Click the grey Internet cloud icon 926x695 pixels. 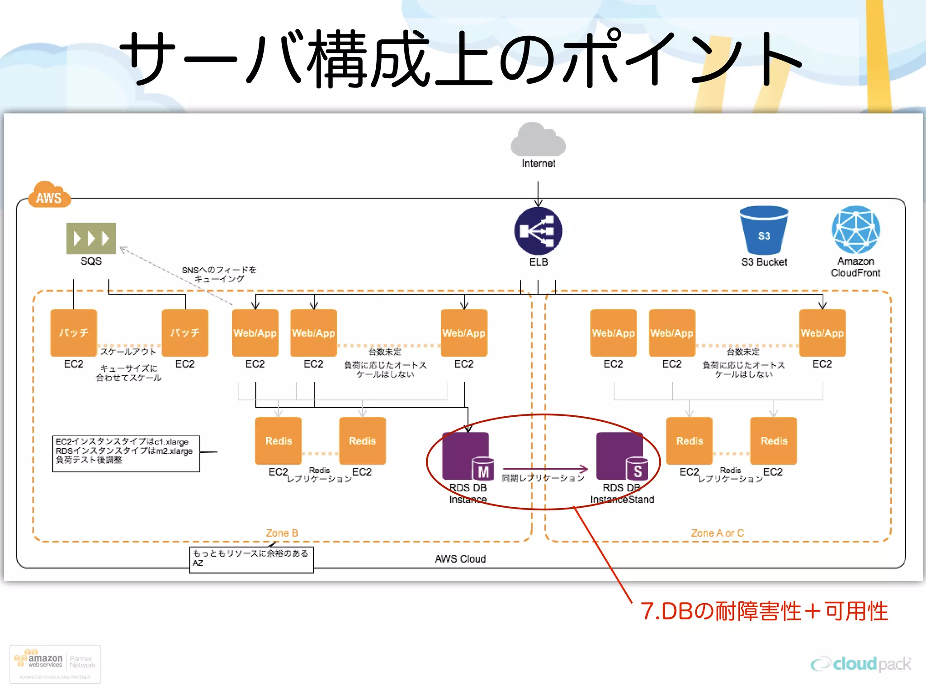(538, 140)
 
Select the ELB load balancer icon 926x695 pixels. (538, 231)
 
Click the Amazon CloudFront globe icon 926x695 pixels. (855, 230)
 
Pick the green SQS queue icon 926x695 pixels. (91, 238)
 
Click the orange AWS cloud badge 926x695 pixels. (49, 195)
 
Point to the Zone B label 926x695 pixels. (282, 533)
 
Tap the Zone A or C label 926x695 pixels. (717, 533)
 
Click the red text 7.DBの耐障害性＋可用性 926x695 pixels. (764, 611)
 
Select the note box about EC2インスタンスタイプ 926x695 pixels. (126, 453)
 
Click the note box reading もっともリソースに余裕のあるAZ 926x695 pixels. (251, 559)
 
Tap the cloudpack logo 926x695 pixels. (861, 664)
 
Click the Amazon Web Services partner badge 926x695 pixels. (55, 664)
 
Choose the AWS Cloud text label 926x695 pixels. (460, 559)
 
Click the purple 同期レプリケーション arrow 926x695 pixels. (545, 469)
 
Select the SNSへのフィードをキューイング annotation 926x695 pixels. (219, 274)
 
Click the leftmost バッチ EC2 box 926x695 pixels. (74, 333)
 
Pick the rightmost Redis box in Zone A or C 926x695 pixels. (774, 441)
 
